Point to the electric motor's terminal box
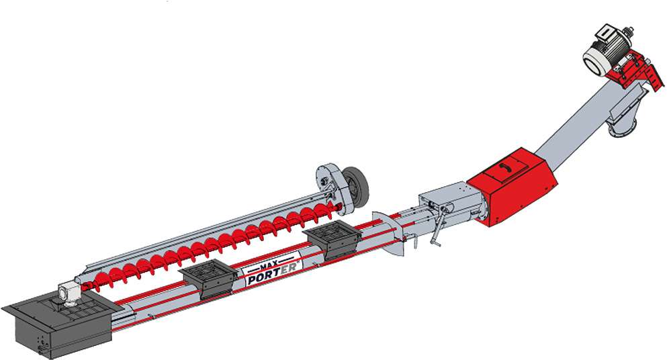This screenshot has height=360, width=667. [603, 34]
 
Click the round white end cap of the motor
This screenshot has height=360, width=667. [596, 61]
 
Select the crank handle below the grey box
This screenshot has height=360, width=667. [437, 229]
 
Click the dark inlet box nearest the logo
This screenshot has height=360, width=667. [207, 277]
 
